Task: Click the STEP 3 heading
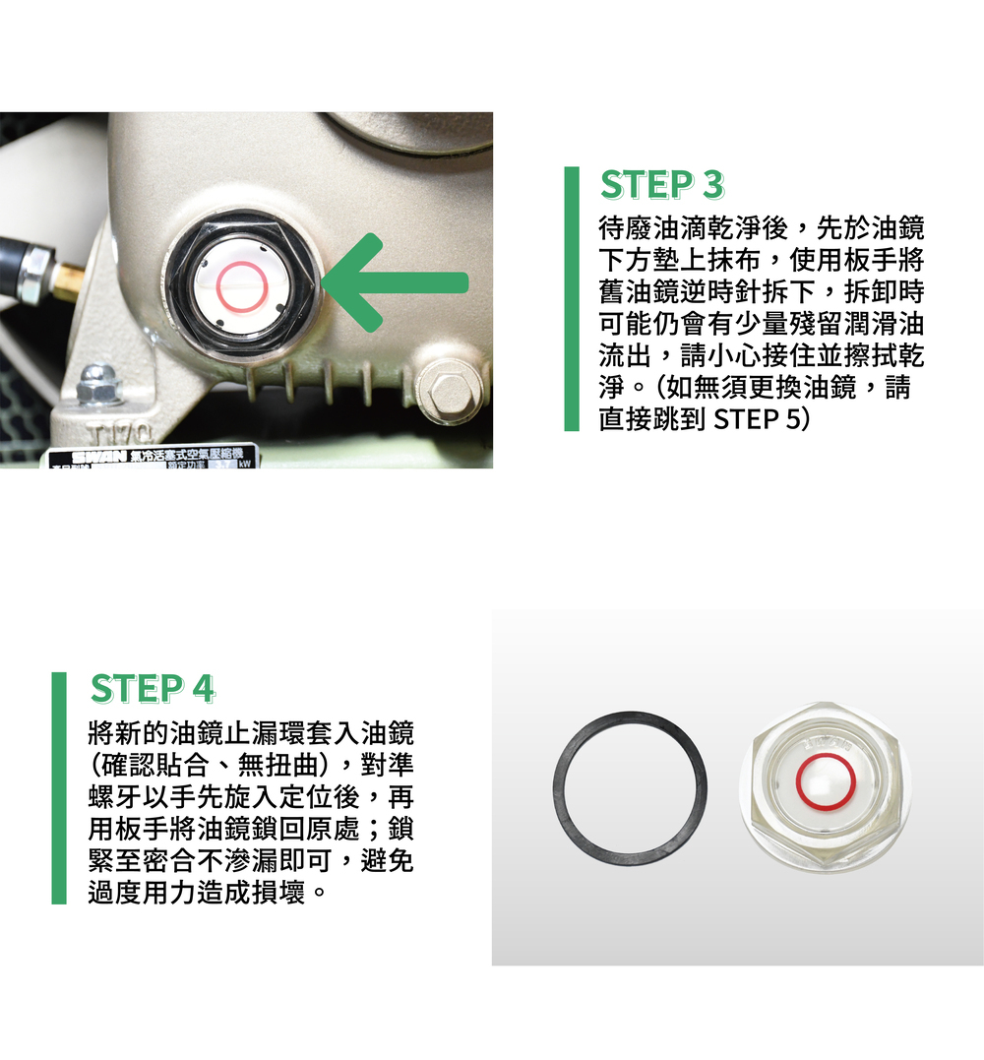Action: click(661, 185)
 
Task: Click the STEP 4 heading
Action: click(153, 689)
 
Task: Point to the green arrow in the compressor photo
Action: click(395, 282)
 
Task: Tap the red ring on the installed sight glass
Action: click(242, 287)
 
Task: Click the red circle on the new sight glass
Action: click(826, 783)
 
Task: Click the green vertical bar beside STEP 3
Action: click(572, 299)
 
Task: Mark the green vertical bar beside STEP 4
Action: click(59, 788)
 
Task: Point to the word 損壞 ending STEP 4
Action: click(277, 893)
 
